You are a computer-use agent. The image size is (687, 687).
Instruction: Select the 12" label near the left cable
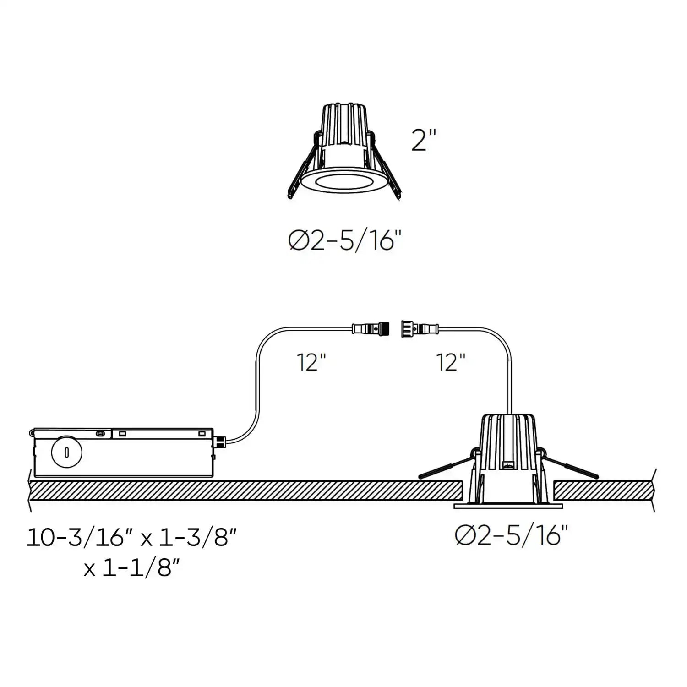pos(311,363)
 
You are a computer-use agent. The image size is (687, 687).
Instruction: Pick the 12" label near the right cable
pos(451,363)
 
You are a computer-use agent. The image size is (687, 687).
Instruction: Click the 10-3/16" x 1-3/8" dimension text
pos(131,537)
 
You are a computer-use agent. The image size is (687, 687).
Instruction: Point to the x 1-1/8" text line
pos(131,568)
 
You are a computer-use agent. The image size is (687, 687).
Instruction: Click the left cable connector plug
pos(371,328)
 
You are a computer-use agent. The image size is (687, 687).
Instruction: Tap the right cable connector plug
pos(419,328)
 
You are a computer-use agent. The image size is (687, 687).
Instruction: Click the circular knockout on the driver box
pos(67,453)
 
